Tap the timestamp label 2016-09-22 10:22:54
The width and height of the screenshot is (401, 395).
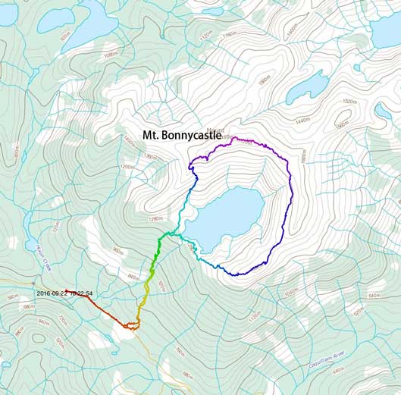coord(64,293)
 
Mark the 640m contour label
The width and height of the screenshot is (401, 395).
coord(373,295)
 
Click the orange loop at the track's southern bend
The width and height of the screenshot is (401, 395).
coord(132,326)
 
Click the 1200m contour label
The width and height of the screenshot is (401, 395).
coord(127,167)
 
